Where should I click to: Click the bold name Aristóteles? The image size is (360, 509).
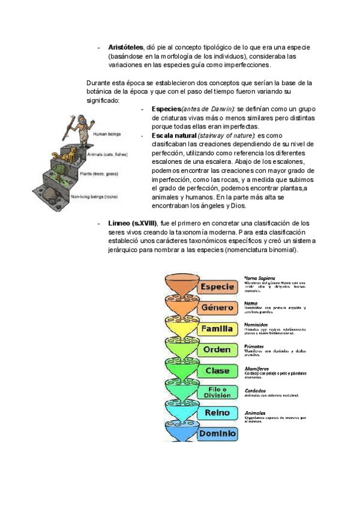coord(125,47)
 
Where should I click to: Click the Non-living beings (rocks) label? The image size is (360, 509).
coord(93,197)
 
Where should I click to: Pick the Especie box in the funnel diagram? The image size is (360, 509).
coord(217,287)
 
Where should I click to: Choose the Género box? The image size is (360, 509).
coord(217,308)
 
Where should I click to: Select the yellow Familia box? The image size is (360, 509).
coord(217,329)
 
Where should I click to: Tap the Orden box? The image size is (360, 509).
coord(217,350)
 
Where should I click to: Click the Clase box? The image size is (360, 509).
coord(217,371)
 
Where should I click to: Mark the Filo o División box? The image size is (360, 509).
coord(217,392)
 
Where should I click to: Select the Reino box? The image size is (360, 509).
coord(217,413)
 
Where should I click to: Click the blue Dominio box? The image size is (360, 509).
coord(217,433)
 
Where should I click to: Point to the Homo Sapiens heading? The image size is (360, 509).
coord(260,279)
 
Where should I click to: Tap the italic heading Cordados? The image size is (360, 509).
coord(256,389)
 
